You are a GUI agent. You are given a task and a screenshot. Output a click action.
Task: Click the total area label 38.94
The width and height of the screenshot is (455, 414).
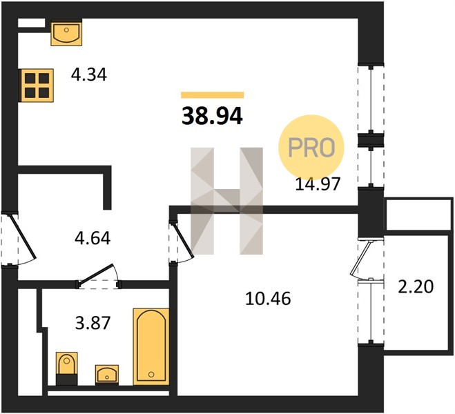point(212,116)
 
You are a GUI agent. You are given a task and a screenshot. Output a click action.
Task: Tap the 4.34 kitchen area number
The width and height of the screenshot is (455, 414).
point(89,75)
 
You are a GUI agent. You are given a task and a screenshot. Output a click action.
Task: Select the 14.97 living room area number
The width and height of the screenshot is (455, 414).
point(317,184)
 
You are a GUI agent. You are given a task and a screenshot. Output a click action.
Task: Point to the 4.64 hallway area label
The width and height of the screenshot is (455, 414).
point(93,238)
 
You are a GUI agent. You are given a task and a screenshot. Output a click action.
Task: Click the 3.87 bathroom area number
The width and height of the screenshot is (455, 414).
point(93,323)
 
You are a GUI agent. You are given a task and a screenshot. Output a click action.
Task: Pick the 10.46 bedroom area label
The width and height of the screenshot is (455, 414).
point(267,299)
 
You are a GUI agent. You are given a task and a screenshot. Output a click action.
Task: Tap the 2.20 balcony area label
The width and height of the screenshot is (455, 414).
point(416,287)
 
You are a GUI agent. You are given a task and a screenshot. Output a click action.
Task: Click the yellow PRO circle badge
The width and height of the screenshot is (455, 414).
point(311,147)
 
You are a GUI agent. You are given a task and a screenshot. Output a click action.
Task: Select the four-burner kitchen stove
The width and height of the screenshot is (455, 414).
point(37,86)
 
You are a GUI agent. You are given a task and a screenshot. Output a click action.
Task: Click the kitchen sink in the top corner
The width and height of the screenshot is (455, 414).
point(66,32)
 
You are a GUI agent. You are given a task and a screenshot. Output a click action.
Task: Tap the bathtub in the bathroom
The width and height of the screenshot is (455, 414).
point(151,347)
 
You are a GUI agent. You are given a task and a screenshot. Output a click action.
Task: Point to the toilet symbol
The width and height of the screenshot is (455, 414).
point(67,368)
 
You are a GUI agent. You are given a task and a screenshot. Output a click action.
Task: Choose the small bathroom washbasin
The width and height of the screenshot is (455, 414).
point(107,375)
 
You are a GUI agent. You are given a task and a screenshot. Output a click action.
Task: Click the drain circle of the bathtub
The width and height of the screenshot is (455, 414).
point(151,375)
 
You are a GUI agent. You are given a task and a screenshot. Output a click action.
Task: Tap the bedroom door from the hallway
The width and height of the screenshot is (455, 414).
point(182,241)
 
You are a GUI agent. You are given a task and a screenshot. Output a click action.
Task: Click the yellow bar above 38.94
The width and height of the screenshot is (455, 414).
point(213,95)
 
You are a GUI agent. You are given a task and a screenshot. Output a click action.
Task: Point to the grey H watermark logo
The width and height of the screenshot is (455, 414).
point(227,201)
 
